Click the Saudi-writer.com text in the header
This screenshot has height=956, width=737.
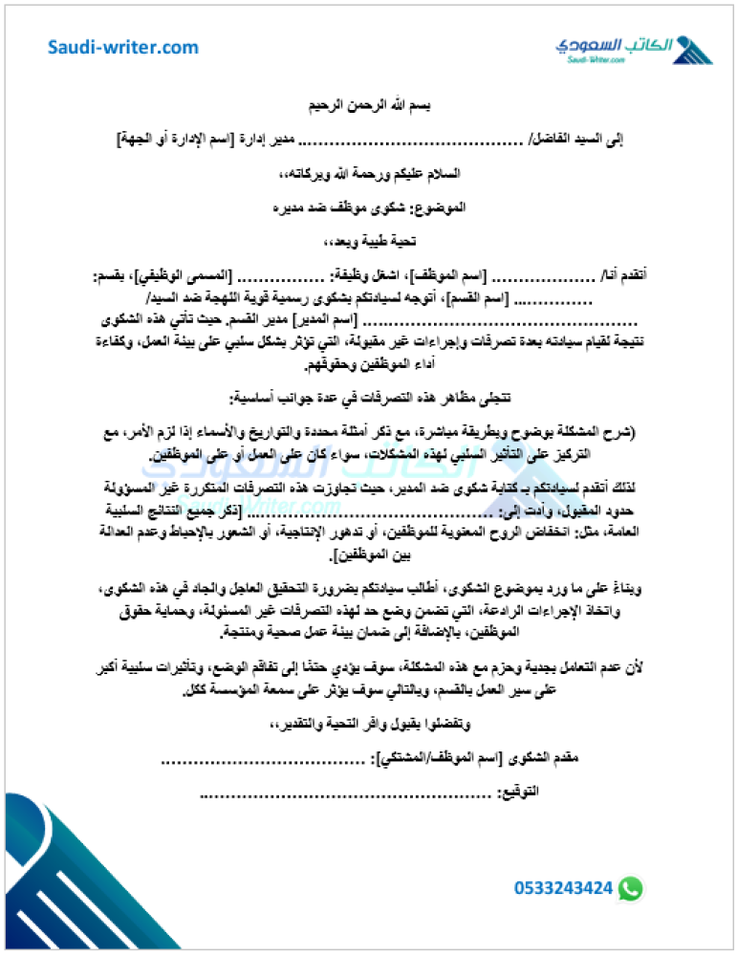124,48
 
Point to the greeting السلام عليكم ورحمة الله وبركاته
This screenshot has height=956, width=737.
368,174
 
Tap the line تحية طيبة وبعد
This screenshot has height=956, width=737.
368,241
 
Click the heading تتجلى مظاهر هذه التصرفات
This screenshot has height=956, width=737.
368,397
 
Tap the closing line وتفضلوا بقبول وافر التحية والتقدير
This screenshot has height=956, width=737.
368,724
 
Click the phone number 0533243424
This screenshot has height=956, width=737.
563,888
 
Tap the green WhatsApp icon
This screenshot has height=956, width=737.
630,888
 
